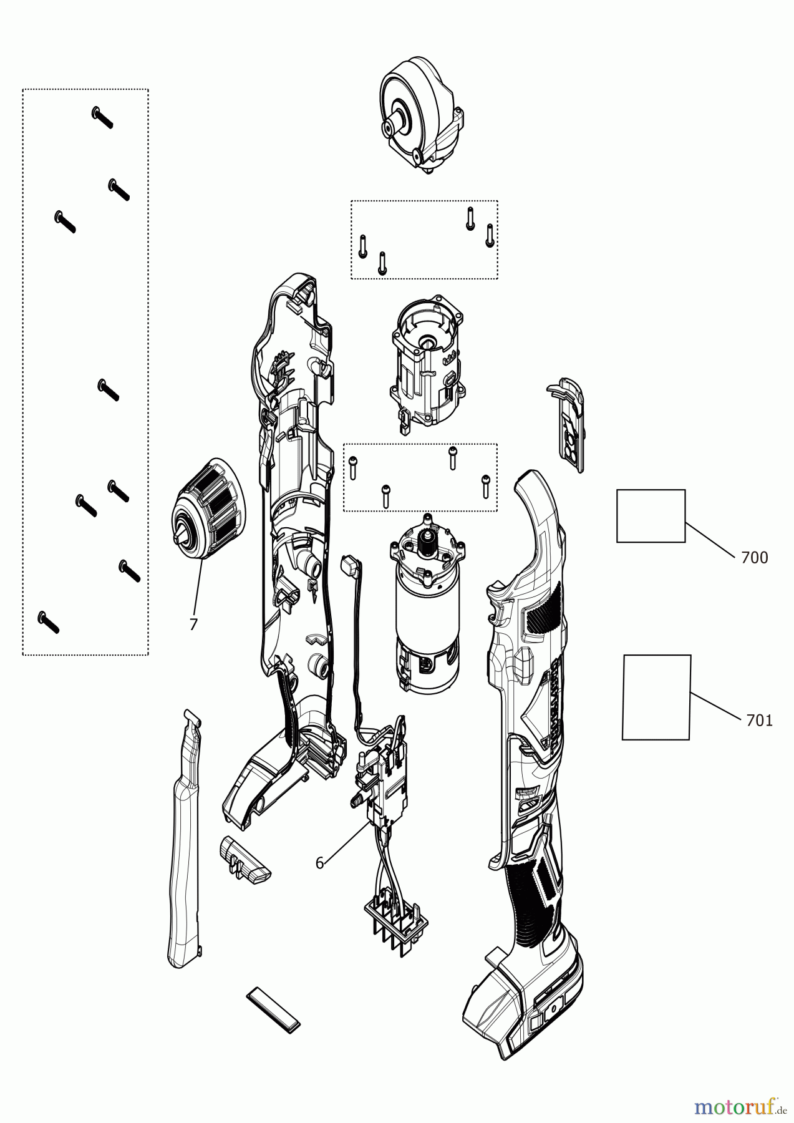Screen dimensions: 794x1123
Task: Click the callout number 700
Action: pyautogui.click(x=754, y=557)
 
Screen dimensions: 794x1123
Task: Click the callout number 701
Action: pyautogui.click(x=759, y=721)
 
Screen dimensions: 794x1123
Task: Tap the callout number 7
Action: pyautogui.click(x=193, y=625)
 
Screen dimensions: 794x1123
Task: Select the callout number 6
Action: pyautogui.click(x=319, y=863)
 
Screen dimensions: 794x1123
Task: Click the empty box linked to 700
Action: pyautogui.click(x=651, y=515)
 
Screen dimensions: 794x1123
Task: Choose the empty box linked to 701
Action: pyautogui.click(x=656, y=697)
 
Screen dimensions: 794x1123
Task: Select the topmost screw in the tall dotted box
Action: pyautogui.click(x=102, y=117)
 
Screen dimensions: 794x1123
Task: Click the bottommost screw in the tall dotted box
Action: pyautogui.click(x=48, y=622)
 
